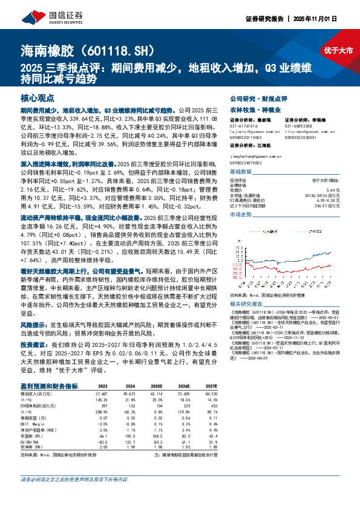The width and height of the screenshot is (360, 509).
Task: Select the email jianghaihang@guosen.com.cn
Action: pos(255,155)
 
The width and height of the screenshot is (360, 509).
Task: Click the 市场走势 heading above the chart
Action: pos(241,215)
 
